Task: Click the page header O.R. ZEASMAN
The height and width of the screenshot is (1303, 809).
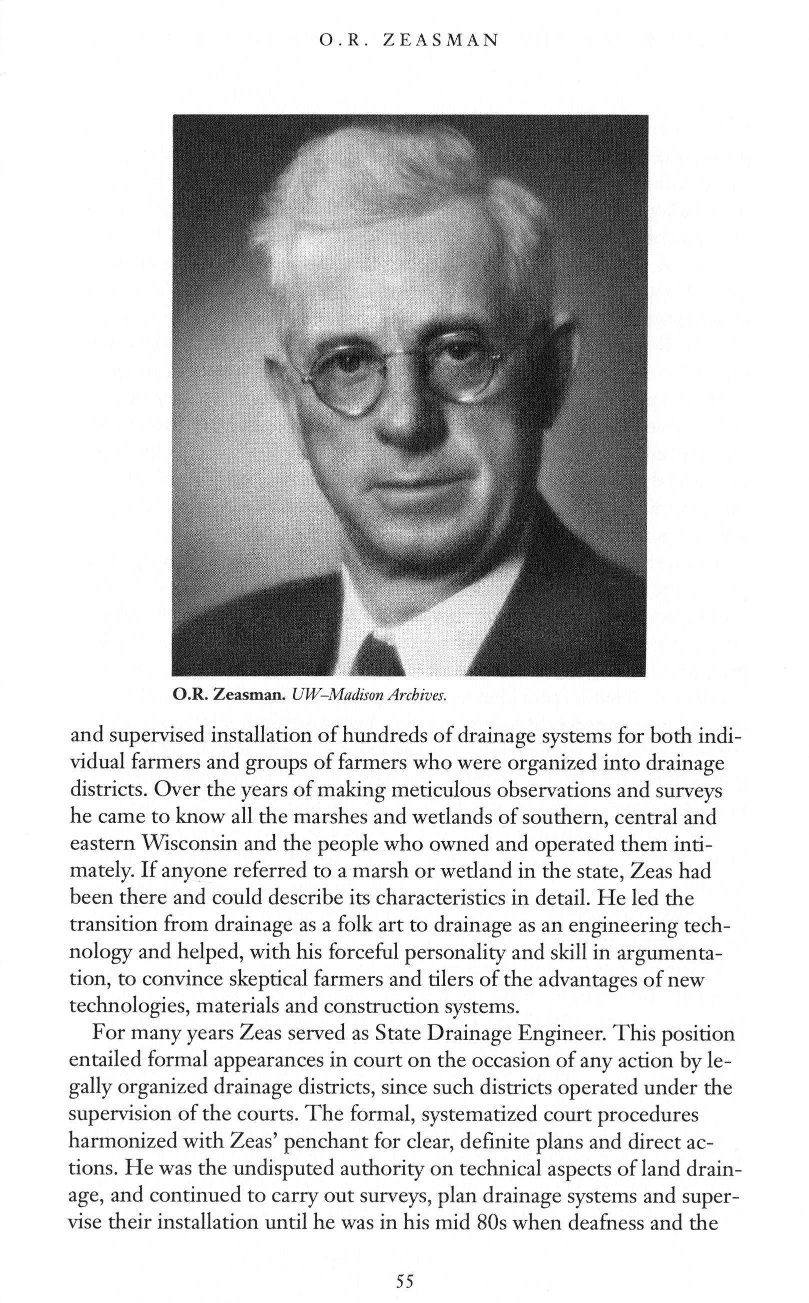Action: pos(408,40)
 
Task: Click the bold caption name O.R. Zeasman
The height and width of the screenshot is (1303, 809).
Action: pos(231,695)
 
